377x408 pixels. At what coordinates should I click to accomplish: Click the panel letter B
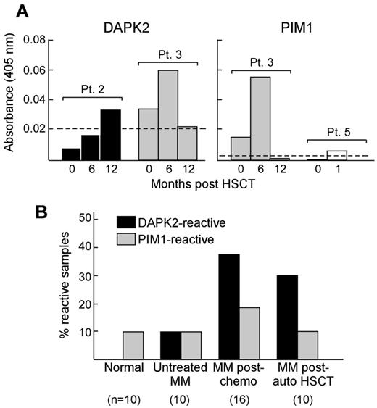(x=50, y=212)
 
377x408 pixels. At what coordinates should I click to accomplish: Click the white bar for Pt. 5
(x=336, y=155)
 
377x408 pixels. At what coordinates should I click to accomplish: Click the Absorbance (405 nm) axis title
(x=10, y=98)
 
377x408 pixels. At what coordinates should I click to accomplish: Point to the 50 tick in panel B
(x=91, y=217)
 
